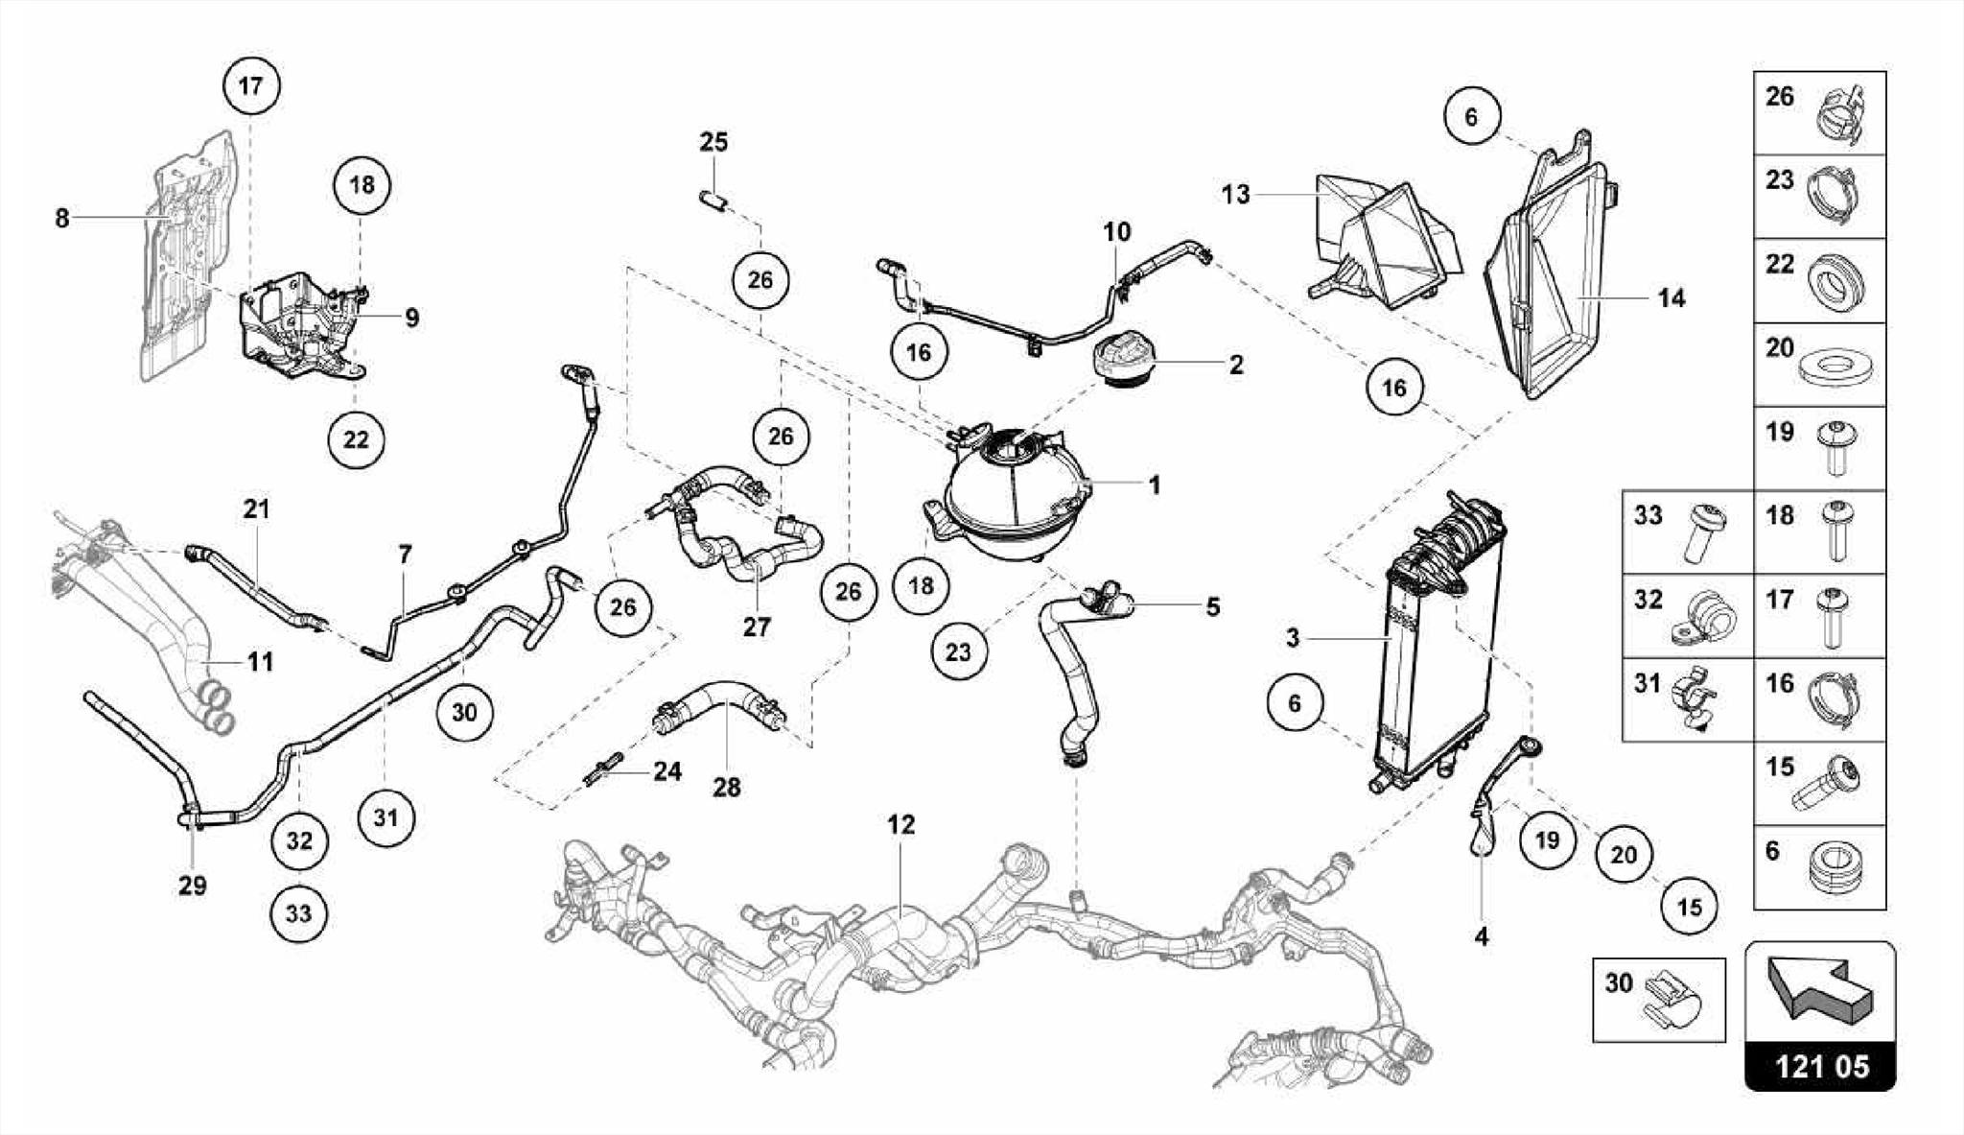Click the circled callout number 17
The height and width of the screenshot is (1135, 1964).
pyautogui.click(x=250, y=85)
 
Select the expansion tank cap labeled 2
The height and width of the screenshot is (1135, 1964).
pyautogui.click(x=1122, y=363)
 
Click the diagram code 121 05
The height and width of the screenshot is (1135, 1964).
pyautogui.click(x=1820, y=1066)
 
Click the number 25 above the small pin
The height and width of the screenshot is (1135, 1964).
pyautogui.click(x=713, y=142)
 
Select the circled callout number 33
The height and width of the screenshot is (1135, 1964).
pyautogui.click(x=298, y=912)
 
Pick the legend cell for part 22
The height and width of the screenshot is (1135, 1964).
pyautogui.click(x=1819, y=280)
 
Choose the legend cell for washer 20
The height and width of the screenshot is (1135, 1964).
pyautogui.click(x=1819, y=364)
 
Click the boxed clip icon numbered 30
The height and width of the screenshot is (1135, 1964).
pyautogui.click(x=1658, y=999)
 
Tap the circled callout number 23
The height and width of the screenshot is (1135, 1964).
pyautogui.click(x=958, y=652)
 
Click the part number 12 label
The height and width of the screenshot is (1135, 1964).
pyautogui.click(x=900, y=824)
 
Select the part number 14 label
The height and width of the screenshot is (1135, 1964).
pyautogui.click(x=1671, y=298)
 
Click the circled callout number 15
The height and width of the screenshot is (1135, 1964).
pyautogui.click(x=1689, y=907)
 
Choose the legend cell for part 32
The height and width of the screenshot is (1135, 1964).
pyautogui.click(x=1688, y=616)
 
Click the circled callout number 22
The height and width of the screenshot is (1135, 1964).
pyautogui.click(x=356, y=439)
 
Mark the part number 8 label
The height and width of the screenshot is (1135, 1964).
pyautogui.click(x=62, y=218)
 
